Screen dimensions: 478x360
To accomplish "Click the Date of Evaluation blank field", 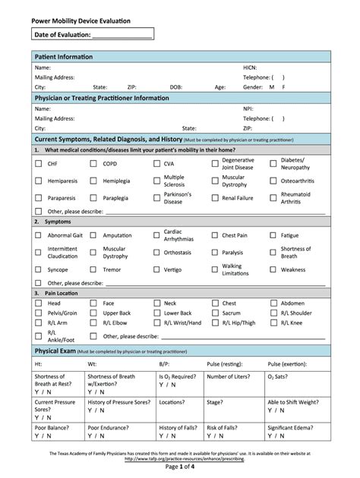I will tap(122, 35).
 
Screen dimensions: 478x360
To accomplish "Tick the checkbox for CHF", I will tap(38, 164).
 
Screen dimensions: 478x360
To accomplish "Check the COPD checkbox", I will tap(93, 164).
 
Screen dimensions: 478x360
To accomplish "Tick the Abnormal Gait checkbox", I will tap(38, 235).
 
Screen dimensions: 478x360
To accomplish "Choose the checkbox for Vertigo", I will tap(153, 269).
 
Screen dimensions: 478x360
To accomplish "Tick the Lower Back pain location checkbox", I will tap(153, 313).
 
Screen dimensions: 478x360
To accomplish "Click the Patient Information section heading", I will tap(64, 58).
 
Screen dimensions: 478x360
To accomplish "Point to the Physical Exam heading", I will tap(56, 352).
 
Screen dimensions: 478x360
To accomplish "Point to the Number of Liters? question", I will tap(230, 376).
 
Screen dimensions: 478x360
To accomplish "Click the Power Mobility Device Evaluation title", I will tap(80, 19).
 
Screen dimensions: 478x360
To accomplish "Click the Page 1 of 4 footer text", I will tap(180, 467).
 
